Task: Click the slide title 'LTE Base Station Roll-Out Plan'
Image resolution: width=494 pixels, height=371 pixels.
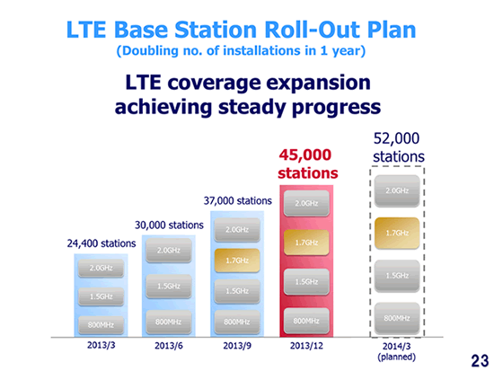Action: point(241,30)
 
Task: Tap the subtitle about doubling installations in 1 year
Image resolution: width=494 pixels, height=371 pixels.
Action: point(241,50)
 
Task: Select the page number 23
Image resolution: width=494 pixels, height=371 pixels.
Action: point(480,360)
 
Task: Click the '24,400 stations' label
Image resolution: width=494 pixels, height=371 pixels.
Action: point(101,243)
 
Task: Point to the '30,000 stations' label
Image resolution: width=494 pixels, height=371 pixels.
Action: point(169,225)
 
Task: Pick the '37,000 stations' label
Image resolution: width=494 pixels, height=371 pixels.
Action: point(237,200)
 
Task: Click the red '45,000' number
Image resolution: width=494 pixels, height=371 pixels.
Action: point(305,155)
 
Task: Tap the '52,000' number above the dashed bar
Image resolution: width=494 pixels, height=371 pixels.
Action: point(396,138)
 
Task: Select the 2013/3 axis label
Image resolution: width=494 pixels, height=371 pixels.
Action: point(101,345)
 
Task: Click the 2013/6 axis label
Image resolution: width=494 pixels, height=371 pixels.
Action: point(169,346)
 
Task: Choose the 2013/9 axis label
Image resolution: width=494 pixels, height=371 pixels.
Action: point(237,346)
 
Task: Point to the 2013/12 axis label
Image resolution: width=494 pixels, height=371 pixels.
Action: point(306,346)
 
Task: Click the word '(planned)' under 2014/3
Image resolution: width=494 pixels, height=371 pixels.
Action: point(397,358)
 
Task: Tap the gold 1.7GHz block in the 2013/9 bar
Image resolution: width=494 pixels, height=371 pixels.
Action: point(237,261)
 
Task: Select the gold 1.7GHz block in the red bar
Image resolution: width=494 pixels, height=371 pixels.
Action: point(306,243)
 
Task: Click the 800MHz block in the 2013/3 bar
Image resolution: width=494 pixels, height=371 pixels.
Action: point(101,325)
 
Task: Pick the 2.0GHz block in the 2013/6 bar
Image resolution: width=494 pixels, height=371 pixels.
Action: point(169,251)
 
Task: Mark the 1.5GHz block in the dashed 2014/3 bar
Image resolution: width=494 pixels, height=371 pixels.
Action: point(397,276)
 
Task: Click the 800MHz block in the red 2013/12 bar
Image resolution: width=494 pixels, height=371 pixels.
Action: point(306,321)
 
